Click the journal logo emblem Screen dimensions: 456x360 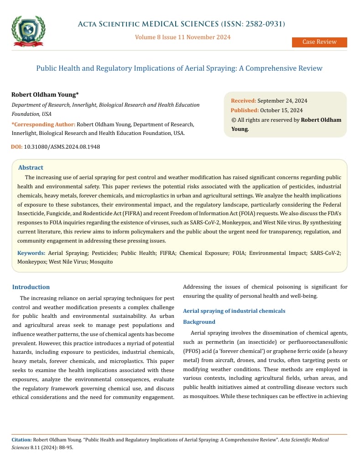28,31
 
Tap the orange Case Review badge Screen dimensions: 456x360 319,42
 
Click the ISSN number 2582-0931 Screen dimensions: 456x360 264,24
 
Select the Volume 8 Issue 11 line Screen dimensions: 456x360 183,37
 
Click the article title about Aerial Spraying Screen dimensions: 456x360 179,68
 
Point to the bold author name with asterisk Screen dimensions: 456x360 45,94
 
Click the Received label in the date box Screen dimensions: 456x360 244,100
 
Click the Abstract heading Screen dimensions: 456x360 31,167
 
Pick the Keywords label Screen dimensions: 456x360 31,253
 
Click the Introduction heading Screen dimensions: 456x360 31,287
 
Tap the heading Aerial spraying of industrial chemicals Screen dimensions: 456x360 234,311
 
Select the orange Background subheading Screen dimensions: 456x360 199,321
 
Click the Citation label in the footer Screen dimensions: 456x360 21,440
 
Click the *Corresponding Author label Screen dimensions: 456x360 43,124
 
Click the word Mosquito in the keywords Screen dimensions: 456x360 101,262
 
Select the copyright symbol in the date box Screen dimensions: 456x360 234,120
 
